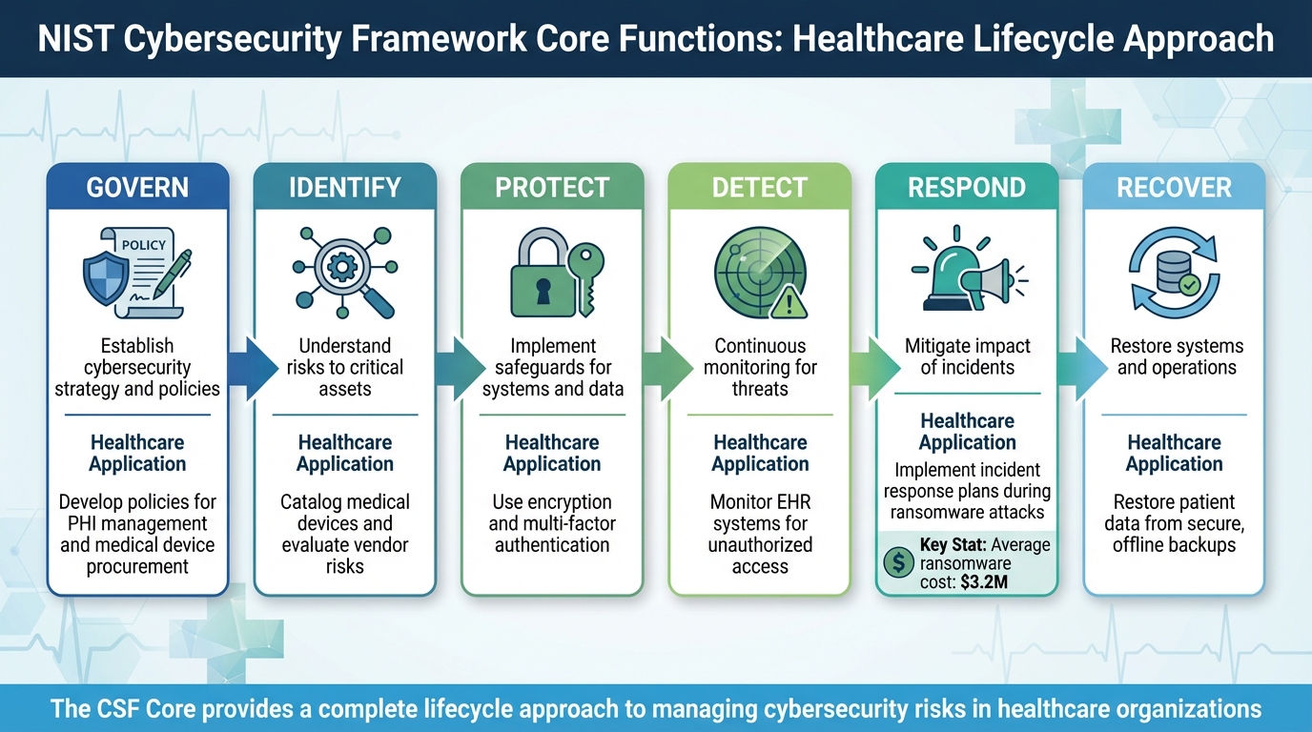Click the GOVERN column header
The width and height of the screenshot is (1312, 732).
pos(137,187)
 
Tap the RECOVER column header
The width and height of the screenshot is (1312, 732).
pos(1174,187)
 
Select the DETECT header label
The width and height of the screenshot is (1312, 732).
pos(760,187)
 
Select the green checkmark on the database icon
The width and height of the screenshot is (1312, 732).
pos(1189,283)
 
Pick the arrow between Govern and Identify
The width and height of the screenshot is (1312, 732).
pos(240,367)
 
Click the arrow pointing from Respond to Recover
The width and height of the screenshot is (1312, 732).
pos(1070,367)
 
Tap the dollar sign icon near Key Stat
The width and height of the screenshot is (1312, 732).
pos(898,562)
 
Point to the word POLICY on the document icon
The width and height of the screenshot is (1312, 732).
pos(143,245)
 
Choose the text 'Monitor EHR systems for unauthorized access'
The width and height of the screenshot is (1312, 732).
pos(760,534)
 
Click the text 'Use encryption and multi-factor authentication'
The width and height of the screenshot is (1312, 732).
pos(552,523)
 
